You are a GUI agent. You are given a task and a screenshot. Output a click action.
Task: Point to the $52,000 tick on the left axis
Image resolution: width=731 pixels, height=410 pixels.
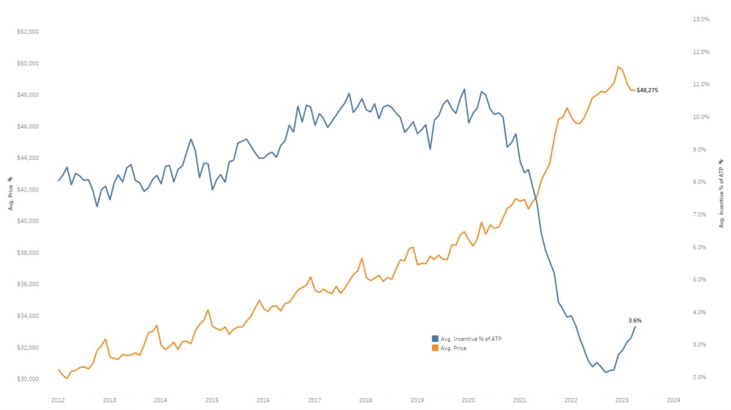click(x=29, y=32)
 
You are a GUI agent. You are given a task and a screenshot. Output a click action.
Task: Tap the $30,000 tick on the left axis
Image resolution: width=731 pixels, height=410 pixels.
click(x=29, y=379)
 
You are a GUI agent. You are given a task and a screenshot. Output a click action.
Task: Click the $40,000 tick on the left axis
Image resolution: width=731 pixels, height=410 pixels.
click(x=29, y=221)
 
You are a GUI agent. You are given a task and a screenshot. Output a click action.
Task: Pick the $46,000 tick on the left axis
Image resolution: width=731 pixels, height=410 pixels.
click(x=29, y=126)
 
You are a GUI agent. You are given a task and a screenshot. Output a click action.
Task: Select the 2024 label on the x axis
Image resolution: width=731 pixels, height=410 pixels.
click(x=673, y=400)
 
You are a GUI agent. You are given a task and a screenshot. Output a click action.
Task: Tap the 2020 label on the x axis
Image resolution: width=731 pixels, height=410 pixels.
click(x=468, y=400)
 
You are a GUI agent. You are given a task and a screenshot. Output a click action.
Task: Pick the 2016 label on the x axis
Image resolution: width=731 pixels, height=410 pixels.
click(x=263, y=400)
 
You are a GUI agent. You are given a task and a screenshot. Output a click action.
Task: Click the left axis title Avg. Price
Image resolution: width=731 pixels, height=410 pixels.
click(x=11, y=193)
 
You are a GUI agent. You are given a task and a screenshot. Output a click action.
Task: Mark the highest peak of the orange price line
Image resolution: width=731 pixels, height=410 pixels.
click(x=618, y=67)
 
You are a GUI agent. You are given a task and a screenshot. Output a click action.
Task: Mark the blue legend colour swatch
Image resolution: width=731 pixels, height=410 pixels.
click(x=435, y=338)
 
